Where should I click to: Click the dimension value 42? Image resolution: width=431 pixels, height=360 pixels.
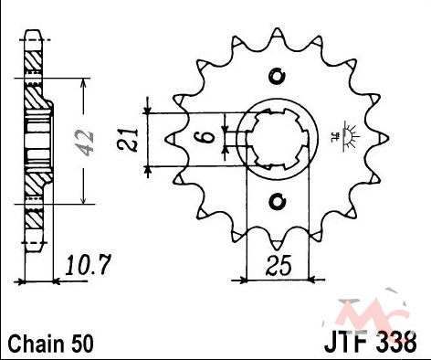click(x=84, y=143)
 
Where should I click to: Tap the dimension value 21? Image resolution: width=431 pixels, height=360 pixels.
click(x=129, y=140)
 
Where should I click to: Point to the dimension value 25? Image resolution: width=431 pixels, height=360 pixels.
click(x=279, y=265)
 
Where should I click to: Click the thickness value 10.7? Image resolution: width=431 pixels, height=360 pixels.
click(x=87, y=265)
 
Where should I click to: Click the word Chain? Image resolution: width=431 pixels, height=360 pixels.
click(x=35, y=344)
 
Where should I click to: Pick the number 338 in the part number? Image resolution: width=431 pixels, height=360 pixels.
click(x=396, y=344)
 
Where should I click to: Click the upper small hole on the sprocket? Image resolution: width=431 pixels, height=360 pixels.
click(x=277, y=76)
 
